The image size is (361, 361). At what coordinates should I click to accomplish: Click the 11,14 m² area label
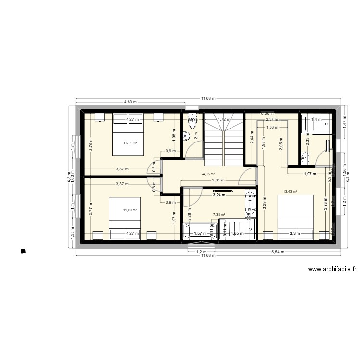tap(130, 142)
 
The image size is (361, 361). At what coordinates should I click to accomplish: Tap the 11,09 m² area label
tap(130, 210)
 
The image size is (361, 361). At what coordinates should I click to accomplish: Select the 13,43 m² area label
tap(290, 191)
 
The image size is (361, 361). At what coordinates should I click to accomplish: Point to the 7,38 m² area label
tap(219, 215)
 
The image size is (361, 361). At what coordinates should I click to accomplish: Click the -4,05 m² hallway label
tap(208, 175)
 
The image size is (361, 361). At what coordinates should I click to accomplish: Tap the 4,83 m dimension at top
tap(130, 102)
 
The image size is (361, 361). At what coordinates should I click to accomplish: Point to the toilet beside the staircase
tap(192, 124)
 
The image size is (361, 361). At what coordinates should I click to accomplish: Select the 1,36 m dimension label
tap(272, 128)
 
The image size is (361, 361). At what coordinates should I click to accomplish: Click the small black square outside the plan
tap(23, 250)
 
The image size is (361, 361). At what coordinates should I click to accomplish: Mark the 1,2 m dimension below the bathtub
tap(201, 251)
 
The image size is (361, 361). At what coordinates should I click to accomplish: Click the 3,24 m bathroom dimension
tap(219, 196)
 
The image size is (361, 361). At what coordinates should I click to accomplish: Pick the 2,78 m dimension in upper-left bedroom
tap(91, 143)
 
